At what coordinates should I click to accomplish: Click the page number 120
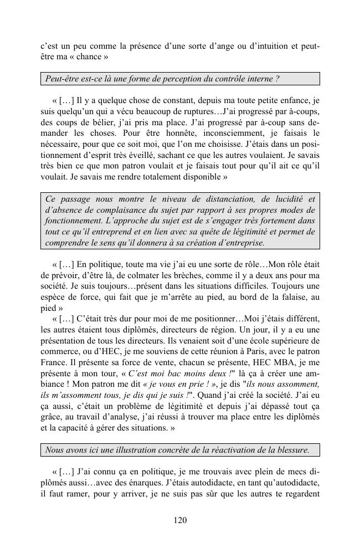(179, 520)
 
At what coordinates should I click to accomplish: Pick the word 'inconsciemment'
(228, 134)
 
